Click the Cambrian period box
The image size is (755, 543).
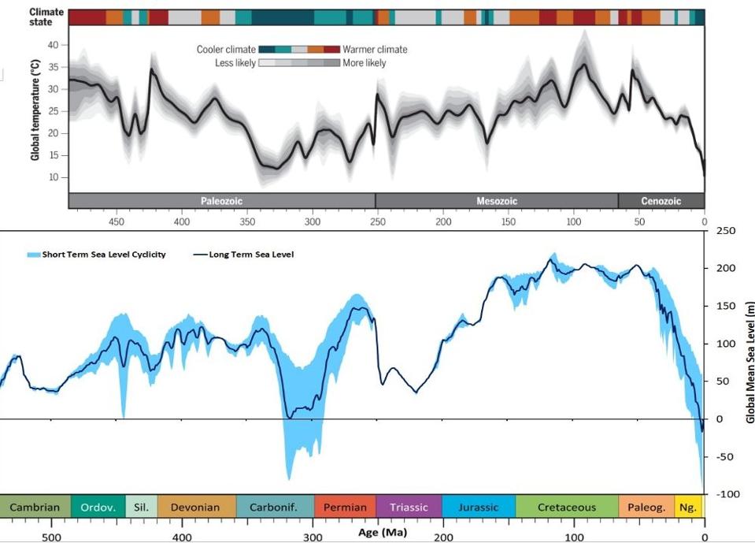[35, 507]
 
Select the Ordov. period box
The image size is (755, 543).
[98, 507]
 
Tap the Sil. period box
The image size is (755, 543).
[142, 507]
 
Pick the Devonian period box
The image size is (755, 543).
[197, 507]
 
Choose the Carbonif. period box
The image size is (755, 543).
[274, 507]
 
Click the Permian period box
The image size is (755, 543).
[344, 507]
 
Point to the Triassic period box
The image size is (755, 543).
[409, 507]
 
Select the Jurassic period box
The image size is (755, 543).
[479, 507]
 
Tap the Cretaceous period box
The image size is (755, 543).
[567, 507]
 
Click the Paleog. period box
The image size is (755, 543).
[646, 507]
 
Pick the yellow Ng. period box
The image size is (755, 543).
[688, 507]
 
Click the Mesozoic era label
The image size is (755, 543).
[497, 201]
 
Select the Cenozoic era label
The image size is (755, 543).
[661, 201]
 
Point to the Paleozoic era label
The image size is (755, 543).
[222, 201]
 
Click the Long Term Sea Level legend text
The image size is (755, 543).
[251, 255]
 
